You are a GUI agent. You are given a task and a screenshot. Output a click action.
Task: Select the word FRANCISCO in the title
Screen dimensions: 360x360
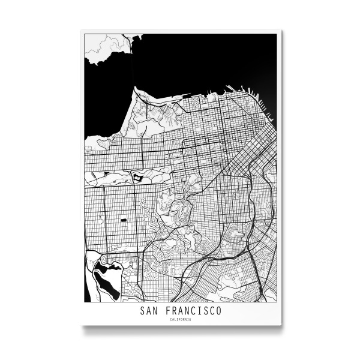[x=191, y=311]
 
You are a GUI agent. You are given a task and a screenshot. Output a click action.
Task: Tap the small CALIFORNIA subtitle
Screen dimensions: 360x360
[x=180, y=319]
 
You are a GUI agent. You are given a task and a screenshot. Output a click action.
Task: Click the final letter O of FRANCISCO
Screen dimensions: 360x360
[x=218, y=311]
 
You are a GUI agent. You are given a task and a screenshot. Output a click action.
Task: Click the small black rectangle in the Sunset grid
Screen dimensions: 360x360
[x=124, y=220]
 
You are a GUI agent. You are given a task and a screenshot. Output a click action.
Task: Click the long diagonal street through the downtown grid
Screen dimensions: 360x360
[x=240, y=156]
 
